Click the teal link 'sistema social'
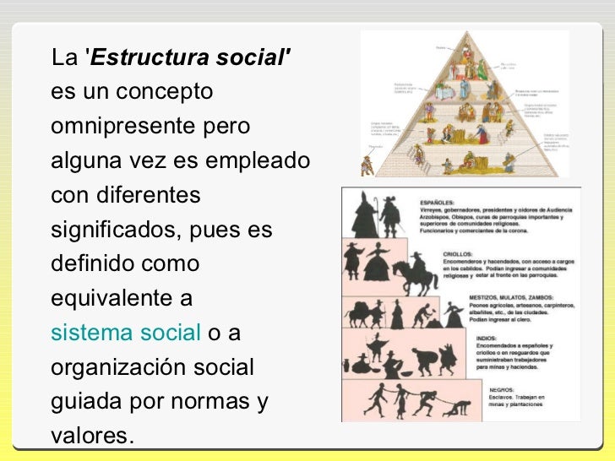pyautogui.click(x=124, y=334)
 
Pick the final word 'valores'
pyautogui.click(x=90, y=437)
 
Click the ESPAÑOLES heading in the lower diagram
pyautogui.click(x=440, y=203)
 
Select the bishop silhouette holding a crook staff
pyautogui.click(x=364, y=215)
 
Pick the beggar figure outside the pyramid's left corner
pyautogui.click(x=367, y=163)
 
